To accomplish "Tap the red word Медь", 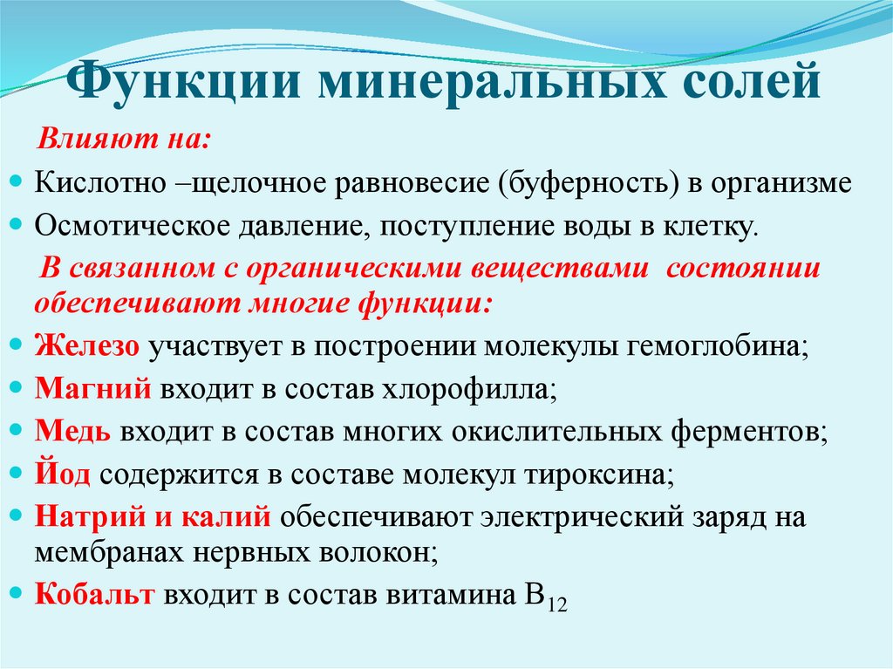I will point(72,430).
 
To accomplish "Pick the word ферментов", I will point(749,430).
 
